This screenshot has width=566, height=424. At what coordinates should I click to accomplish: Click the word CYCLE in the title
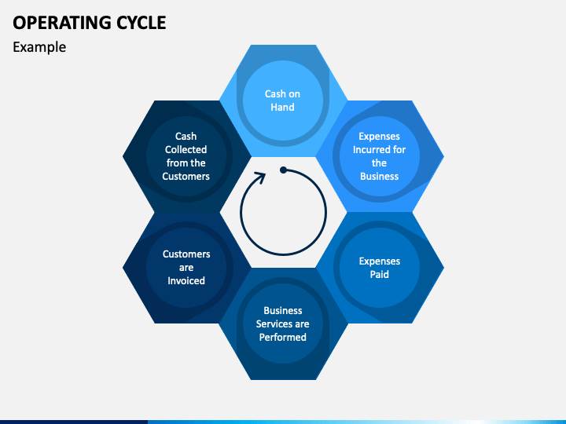point(141,23)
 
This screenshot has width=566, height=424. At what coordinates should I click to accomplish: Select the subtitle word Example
point(39,47)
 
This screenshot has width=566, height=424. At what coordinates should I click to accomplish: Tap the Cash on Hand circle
point(283,101)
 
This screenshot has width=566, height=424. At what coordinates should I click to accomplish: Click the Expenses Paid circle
point(380,268)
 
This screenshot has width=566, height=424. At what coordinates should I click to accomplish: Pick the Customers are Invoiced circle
point(186,268)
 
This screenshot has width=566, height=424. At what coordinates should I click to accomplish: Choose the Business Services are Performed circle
point(283,323)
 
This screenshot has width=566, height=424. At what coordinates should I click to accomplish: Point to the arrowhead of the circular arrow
point(261,177)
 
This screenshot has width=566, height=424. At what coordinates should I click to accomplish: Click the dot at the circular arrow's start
point(283,170)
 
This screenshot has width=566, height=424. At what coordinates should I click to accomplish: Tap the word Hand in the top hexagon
point(282,107)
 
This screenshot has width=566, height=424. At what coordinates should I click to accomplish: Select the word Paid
point(380,274)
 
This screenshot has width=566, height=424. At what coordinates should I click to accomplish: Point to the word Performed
point(283,337)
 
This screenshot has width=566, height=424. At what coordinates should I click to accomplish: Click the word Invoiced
point(186,280)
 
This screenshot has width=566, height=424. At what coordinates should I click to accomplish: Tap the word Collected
point(186,150)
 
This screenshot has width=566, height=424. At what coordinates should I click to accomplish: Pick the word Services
point(274,323)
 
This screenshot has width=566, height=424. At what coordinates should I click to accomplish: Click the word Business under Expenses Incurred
point(380,177)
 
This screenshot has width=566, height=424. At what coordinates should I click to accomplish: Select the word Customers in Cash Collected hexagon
point(186,177)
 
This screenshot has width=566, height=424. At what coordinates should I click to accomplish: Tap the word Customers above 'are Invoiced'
point(186,254)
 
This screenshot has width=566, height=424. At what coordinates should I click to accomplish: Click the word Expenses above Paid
point(380,261)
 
